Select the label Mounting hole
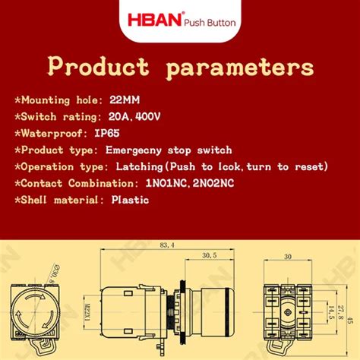tap(63, 99)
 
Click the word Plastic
tap(131, 201)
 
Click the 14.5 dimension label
tap(332, 311)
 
